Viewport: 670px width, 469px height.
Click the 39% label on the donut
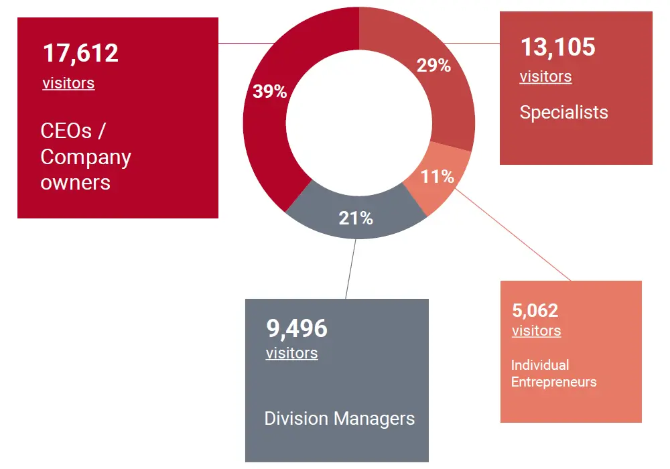point(269,91)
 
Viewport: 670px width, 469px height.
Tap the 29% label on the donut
point(433,66)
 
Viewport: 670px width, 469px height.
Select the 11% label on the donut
point(437,176)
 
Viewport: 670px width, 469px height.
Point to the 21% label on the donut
point(356,218)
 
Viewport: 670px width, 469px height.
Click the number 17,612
point(81,53)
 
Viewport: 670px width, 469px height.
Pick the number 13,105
point(558,46)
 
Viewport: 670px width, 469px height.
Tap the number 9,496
point(297,328)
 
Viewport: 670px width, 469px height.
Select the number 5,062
point(535,310)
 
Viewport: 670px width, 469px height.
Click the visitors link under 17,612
point(68,83)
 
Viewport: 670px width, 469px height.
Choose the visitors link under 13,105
point(545,76)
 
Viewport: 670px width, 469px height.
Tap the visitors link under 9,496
point(292,353)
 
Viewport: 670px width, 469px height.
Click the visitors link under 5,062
point(536,330)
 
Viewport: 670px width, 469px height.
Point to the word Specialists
point(564,113)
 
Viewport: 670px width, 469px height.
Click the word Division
point(297,419)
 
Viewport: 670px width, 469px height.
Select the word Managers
point(375,419)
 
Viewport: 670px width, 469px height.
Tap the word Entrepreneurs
point(554,382)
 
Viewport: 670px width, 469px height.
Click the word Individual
point(540,365)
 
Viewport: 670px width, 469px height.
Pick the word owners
point(76,183)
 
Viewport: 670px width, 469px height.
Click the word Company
point(86,157)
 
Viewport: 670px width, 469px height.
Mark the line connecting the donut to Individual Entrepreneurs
point(513,234)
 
